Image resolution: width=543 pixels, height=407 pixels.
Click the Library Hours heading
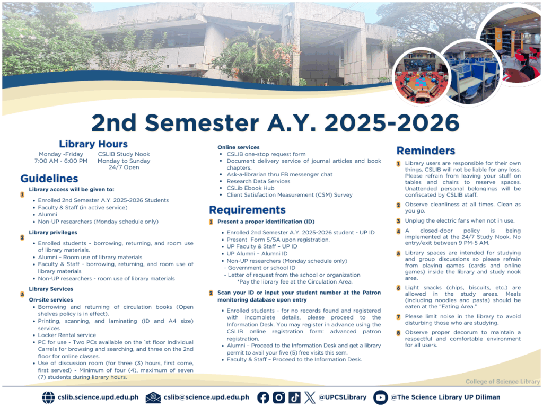(93, 144)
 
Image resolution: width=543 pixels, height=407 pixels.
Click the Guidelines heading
(49, 179)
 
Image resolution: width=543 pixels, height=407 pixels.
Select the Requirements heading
(247, 209)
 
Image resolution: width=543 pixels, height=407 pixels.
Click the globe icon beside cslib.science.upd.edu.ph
(48, 397)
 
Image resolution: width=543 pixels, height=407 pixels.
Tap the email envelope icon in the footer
(153, 397)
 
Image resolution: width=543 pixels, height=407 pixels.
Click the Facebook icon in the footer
(263, 397)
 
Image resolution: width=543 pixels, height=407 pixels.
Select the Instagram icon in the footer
(279, 397)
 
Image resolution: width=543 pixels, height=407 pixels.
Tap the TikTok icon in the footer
(295, 397)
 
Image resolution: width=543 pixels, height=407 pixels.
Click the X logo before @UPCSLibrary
(310, 397)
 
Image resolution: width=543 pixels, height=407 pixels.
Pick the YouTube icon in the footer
(380, 397)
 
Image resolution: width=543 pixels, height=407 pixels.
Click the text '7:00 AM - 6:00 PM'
(61, 161)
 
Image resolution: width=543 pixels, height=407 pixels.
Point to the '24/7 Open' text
(124, 167)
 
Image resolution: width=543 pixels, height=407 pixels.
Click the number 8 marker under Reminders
(399, 333)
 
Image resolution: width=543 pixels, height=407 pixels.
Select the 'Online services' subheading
(239, 147)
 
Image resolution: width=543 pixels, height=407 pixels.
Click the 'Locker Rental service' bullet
(67, 335)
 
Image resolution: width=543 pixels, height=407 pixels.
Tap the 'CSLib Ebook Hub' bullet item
(250, 188)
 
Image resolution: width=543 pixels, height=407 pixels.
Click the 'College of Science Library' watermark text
(502, 382)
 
